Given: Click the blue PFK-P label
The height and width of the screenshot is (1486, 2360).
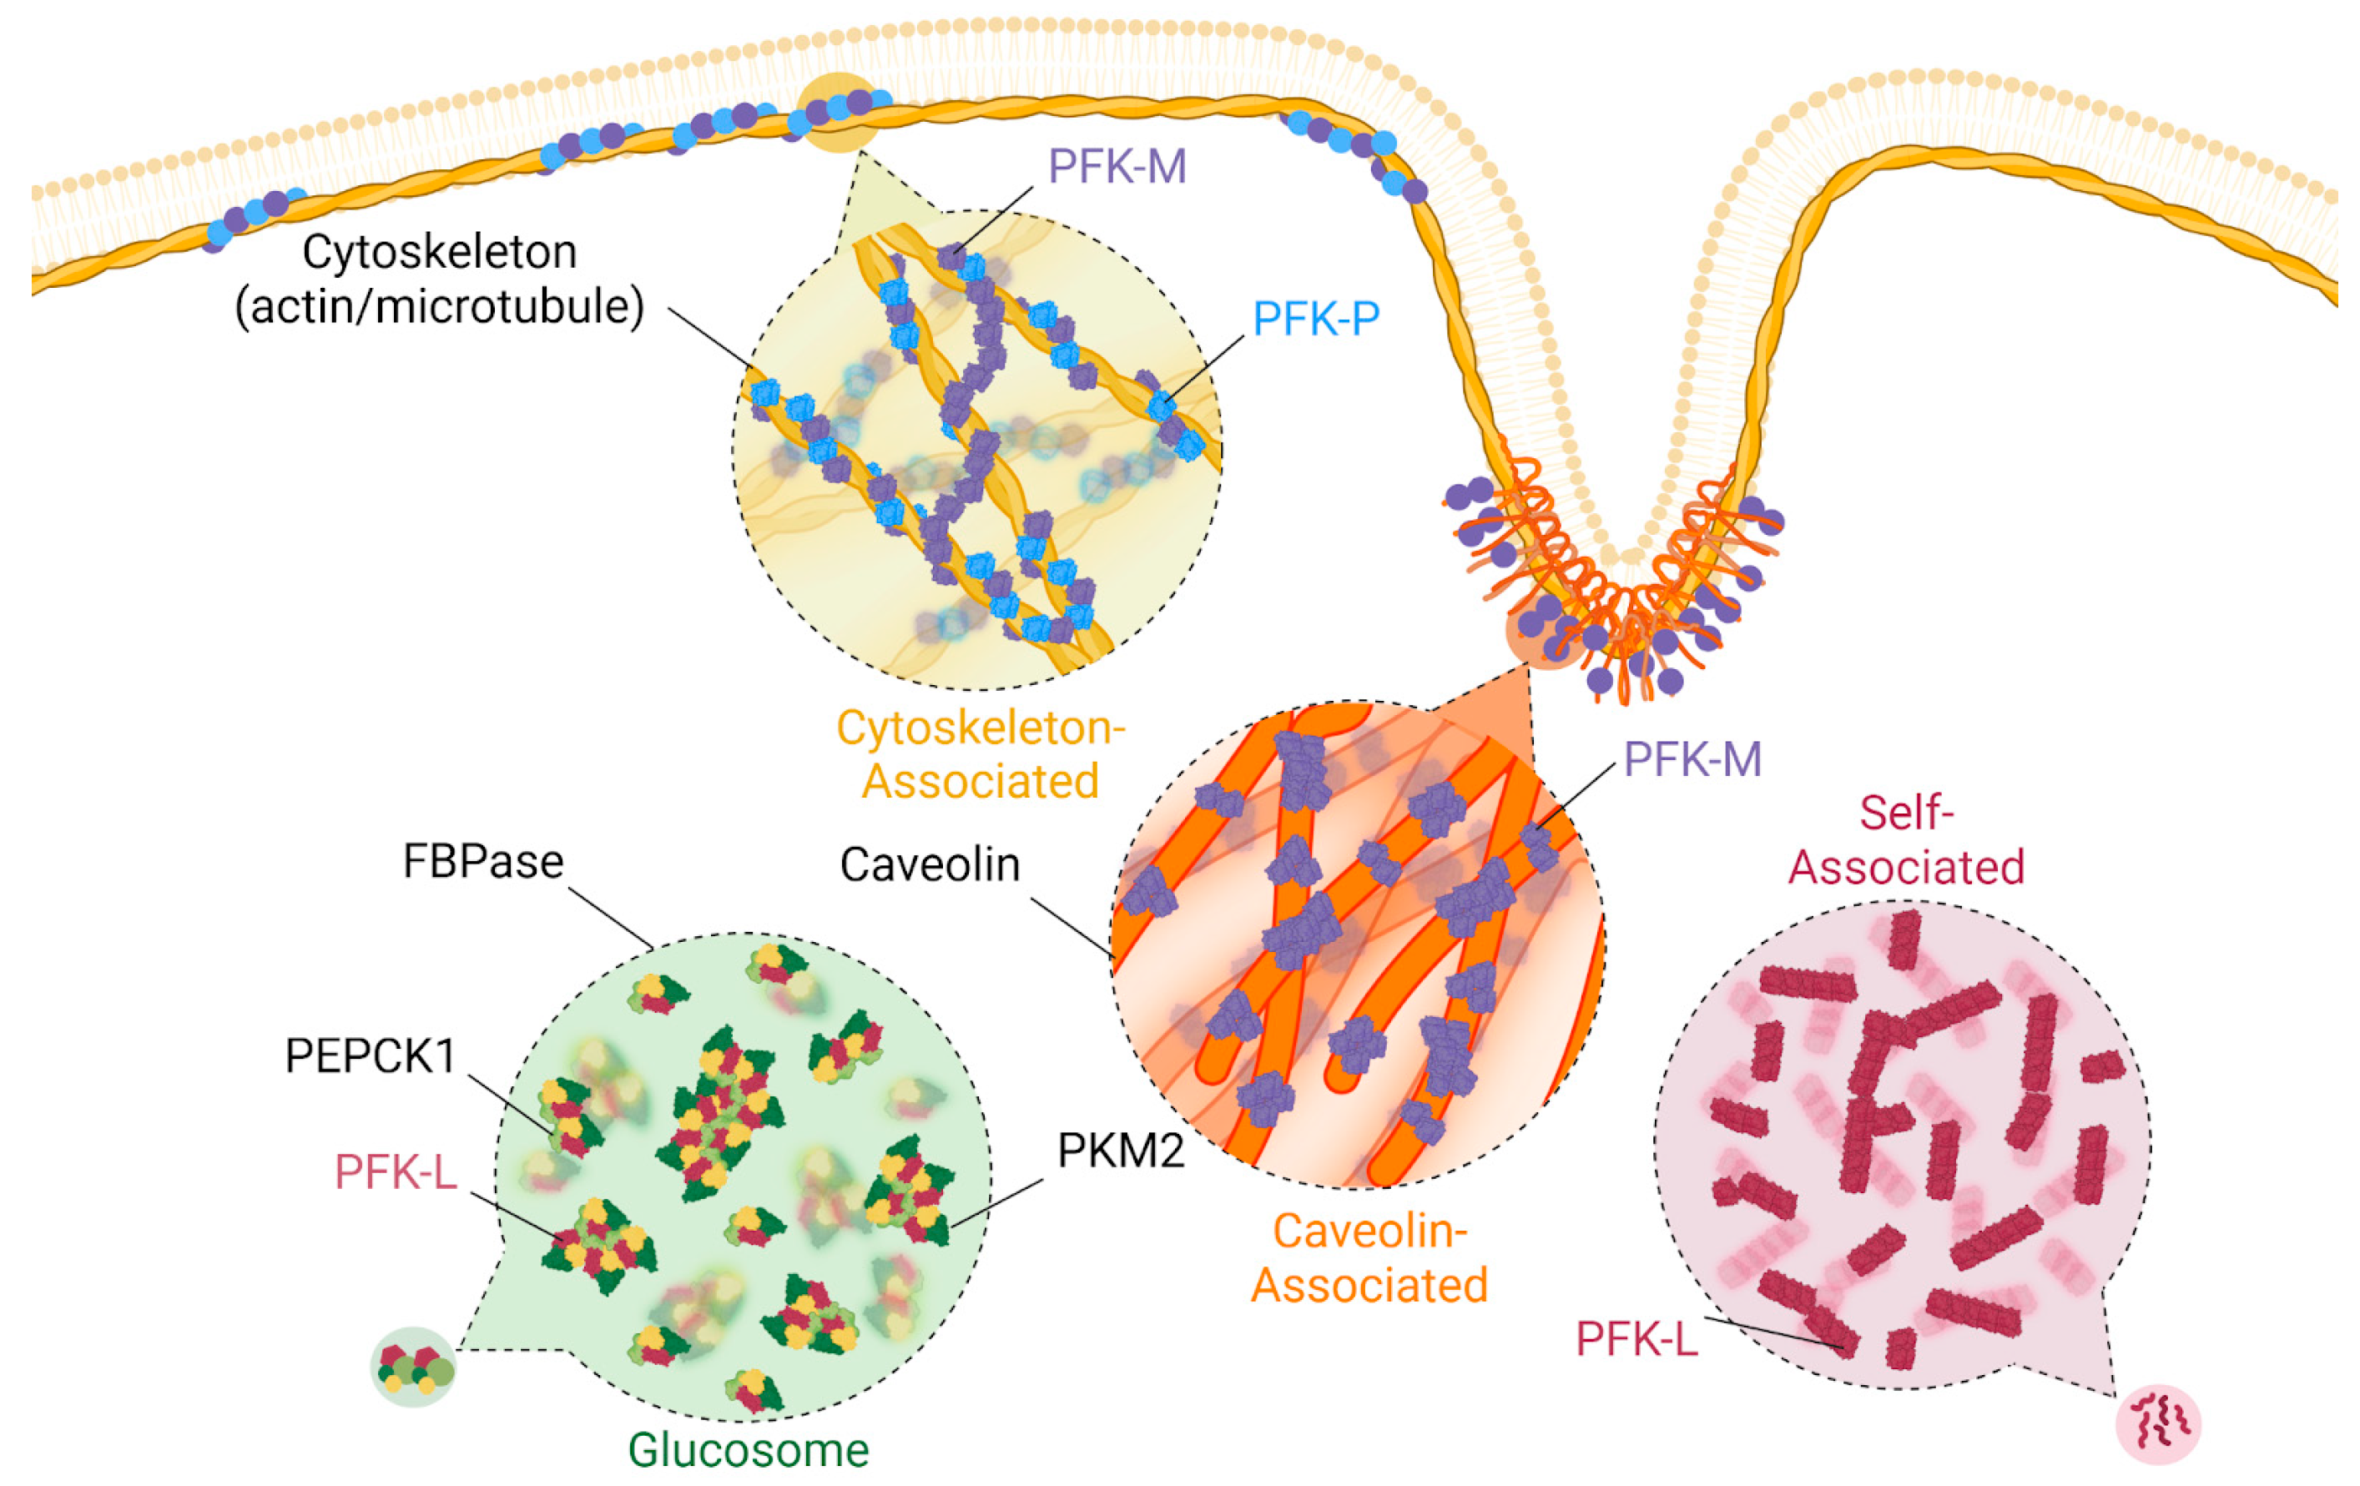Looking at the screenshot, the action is pos(1315,319).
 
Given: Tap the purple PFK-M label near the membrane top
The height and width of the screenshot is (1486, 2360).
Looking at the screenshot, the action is pos(1117,167).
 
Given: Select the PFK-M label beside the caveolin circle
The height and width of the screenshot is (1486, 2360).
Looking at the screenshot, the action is pos(1692,758).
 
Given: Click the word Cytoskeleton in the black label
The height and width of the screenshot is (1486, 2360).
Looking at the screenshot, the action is pos(439,252).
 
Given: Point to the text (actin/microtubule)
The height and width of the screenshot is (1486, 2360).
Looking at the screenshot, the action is pos(439,306).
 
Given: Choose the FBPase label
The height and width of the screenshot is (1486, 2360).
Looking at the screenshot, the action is pos(483,863).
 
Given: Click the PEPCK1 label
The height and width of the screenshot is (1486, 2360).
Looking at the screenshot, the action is pos(371,1056).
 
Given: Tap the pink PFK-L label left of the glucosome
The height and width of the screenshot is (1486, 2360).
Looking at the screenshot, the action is pos(395,1172).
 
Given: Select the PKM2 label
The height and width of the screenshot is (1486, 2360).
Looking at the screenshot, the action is pos(1120,1150).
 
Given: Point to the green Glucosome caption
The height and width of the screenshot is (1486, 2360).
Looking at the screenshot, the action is pos(748,1451).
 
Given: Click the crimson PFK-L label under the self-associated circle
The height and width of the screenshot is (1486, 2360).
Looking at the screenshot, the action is pos(1636,1339).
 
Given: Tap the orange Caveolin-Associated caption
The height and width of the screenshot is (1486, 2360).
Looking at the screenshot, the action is pos(1369,1257).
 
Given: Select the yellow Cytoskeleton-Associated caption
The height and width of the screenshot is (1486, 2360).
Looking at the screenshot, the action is pos(980,755).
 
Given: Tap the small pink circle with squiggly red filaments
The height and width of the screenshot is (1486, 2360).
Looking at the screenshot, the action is pos(2158,1423).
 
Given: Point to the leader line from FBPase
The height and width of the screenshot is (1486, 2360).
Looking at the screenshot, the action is pos(609,918).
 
